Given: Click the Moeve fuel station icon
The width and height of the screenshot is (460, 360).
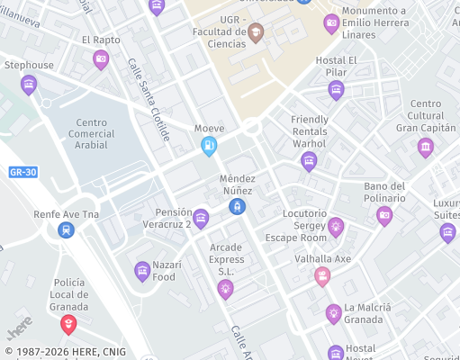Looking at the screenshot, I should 209,146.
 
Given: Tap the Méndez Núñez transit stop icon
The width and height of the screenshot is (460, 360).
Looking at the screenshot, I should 237,207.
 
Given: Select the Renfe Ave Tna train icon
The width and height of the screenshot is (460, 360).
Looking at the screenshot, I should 66,230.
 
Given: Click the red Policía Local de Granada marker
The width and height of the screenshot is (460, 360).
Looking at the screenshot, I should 68,323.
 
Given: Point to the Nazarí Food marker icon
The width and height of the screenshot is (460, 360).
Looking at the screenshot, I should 141,270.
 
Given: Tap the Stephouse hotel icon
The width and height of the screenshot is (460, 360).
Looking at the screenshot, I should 29,85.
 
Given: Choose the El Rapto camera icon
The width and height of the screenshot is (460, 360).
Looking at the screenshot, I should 101,59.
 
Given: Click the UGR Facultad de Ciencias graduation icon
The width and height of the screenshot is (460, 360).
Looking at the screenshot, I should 257,33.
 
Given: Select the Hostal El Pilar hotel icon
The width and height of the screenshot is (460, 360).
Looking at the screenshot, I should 336,89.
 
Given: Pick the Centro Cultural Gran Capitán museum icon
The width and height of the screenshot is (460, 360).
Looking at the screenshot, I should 426,147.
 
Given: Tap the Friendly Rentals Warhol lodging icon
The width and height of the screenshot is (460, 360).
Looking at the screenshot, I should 309,161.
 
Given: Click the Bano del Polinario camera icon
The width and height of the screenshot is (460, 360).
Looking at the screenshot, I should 384,214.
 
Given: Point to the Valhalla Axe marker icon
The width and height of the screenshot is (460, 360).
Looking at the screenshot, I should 321,276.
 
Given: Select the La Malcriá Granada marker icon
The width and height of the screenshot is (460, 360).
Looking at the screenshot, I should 334,313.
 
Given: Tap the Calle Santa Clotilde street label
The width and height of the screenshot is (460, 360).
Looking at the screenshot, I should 149,100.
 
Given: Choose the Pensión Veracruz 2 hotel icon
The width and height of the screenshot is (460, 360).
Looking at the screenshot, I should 201,218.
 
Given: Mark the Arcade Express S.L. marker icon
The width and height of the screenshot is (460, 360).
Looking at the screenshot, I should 225,288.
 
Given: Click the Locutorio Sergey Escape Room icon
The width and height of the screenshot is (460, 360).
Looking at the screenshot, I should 336,226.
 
